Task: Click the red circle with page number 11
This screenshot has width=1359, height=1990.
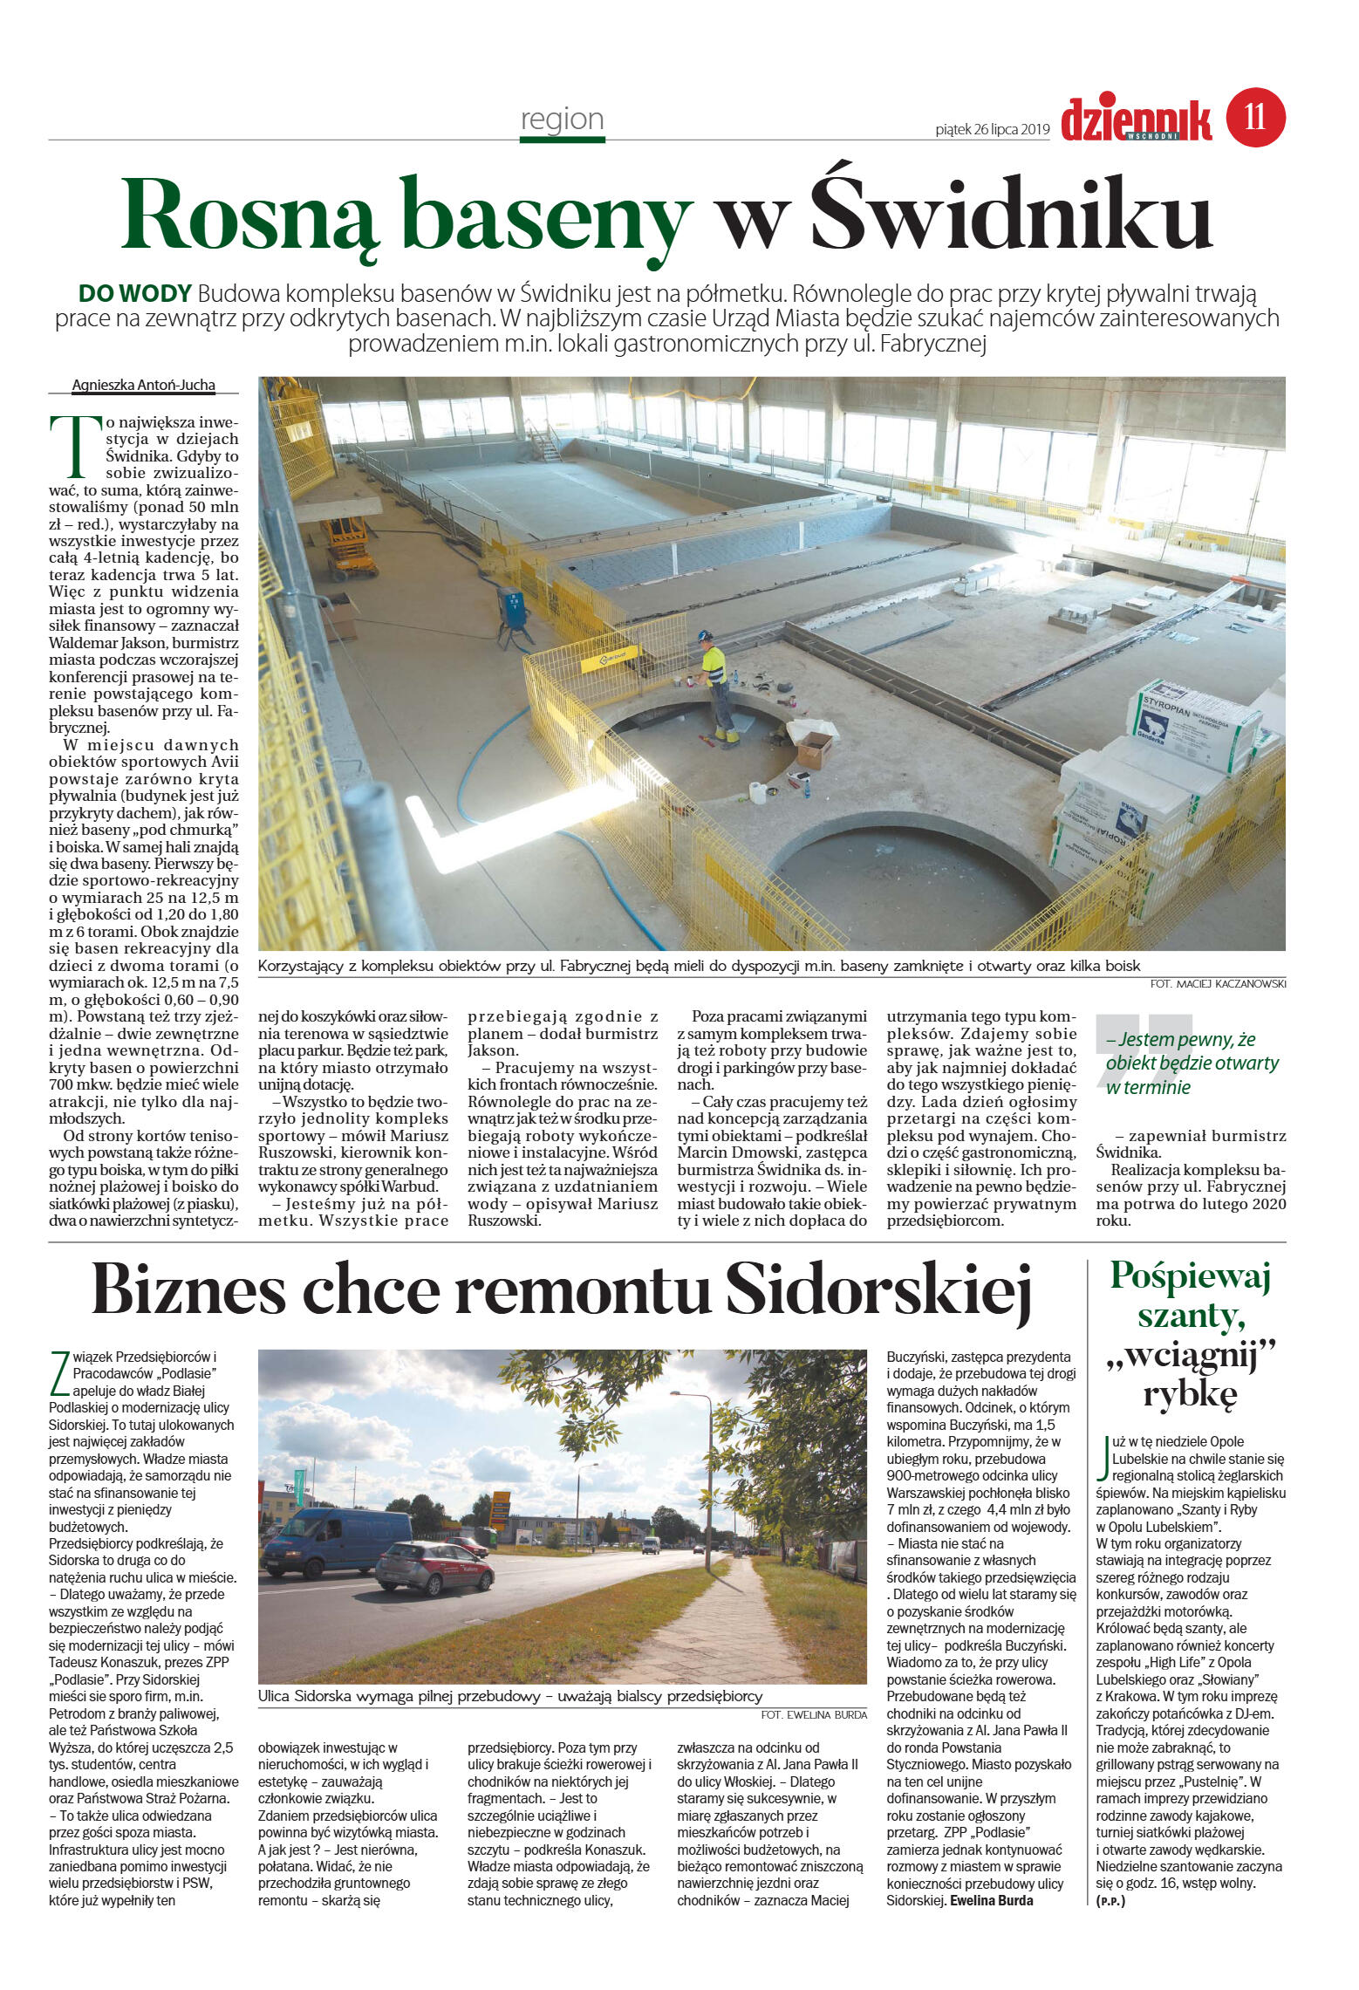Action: (1255, 117)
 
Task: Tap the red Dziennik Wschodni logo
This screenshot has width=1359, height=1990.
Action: (1136, 120)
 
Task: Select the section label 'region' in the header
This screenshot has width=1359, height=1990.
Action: (562, 119)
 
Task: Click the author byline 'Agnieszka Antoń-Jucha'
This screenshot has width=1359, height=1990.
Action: (143, 385)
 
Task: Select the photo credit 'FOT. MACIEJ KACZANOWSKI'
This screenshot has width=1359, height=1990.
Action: (1218, 984)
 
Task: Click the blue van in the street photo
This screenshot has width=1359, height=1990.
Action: (336, 1542)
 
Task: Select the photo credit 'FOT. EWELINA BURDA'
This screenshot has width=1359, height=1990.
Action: (813, 1714)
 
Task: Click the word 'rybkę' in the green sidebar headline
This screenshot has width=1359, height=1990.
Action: (1190, 1393)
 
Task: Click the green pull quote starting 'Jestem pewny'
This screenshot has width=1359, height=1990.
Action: (1192, 1063)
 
